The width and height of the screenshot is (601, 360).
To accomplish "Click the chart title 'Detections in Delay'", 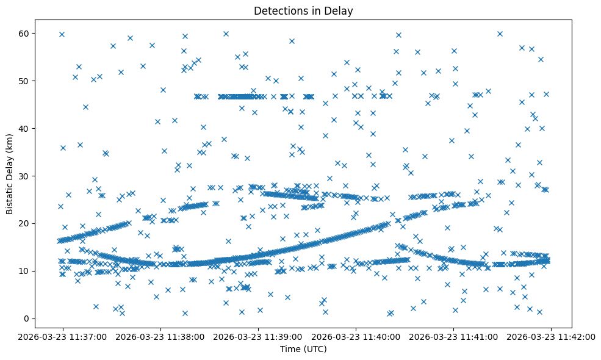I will pyautogui.click(x=303, y=11).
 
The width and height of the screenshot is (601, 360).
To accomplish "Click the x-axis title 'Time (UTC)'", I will pyautogui.click(x=303, y=349).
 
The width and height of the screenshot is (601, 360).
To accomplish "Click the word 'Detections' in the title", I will pyautogui.click(x=278, y=11).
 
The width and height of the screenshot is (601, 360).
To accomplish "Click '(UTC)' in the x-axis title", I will pyautogui.click(x=315, y=349).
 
